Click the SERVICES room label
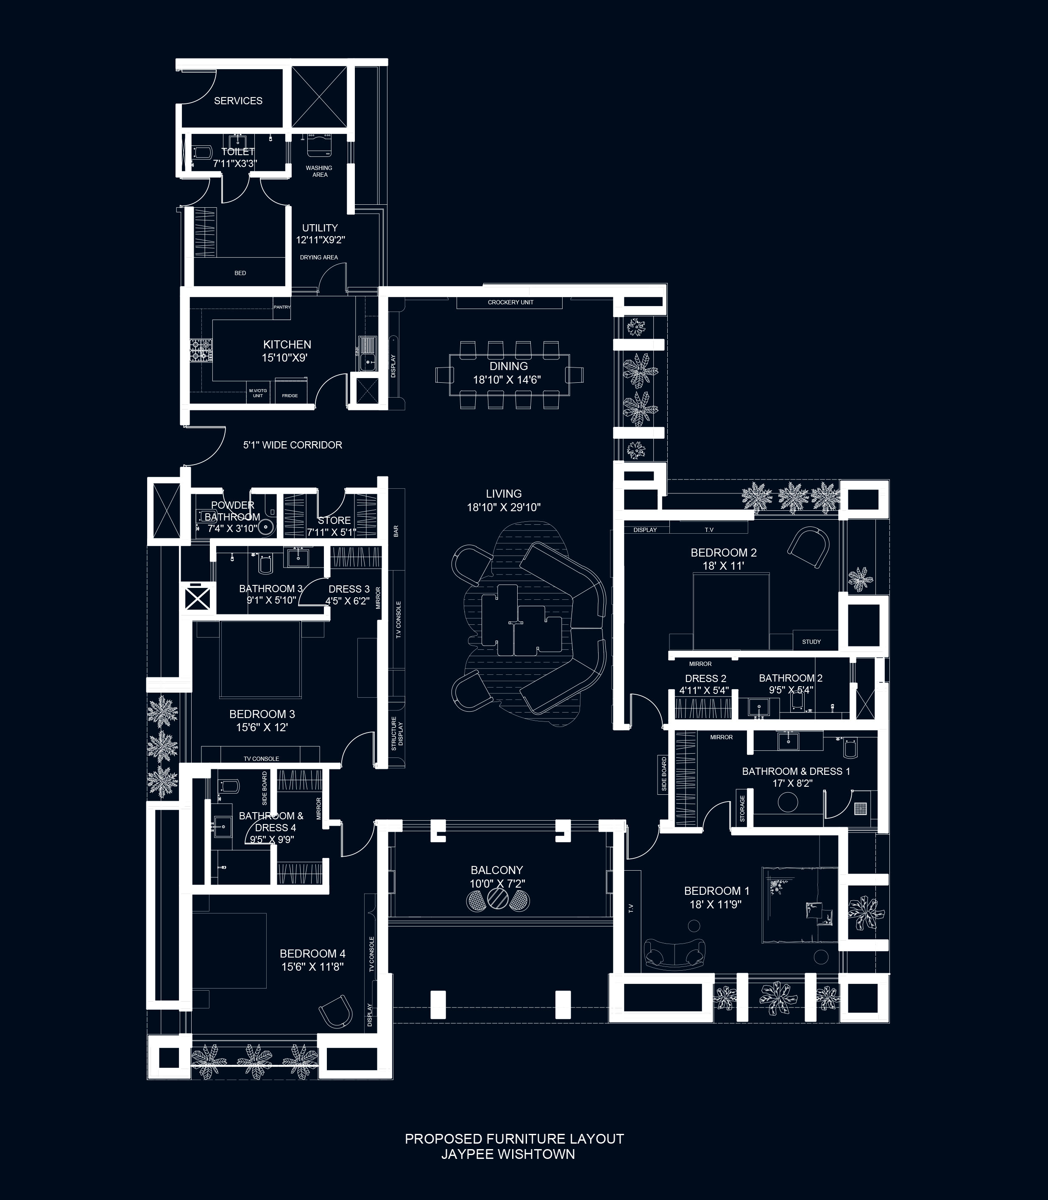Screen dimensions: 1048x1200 (x=238, y=100)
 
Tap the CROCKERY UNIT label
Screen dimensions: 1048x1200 (x=510, y=302)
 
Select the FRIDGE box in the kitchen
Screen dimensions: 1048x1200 (x=290, y=396)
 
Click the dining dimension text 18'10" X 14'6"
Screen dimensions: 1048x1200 (x=507, y=379)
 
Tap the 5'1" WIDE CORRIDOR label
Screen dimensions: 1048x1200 (x=293, y=445)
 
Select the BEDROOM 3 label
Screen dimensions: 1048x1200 (x=262, y=714)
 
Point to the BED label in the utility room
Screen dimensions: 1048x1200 (x=240, y=273)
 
